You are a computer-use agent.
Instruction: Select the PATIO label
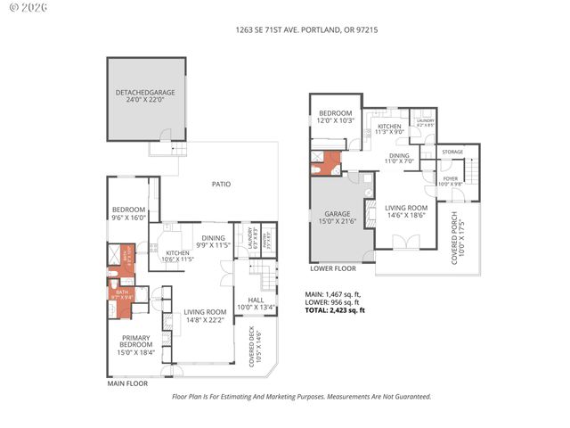tap(221, 185)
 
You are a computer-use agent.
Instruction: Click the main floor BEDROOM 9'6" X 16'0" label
tap(128, 214)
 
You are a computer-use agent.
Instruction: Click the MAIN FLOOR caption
tap(126, 385)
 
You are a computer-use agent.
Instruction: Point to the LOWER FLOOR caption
tap(333, 267)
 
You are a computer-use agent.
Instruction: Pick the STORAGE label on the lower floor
tap(452, 153)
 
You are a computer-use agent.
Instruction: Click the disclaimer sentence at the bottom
tap(301, 397)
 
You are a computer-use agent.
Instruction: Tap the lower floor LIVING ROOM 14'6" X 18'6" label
tap(406, 211)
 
